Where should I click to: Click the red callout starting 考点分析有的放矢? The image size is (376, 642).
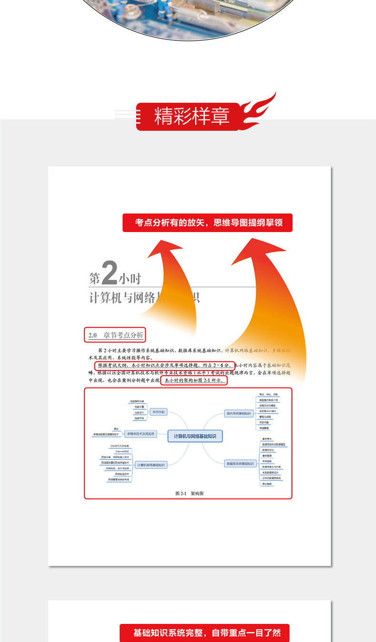(x=207, y=223)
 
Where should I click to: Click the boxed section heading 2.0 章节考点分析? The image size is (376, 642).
(x=115, y=335)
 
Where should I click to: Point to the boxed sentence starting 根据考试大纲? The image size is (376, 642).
(x=164, y=365)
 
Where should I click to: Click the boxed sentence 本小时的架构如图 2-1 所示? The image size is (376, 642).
(x=194, y=380)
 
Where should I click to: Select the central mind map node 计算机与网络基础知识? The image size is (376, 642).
(x=195, y=436)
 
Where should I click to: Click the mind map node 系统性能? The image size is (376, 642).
(x=158, y=412)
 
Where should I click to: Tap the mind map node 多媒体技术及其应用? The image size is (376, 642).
(x=141, y=434)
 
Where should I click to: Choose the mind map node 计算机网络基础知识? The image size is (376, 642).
(x=151, y=465)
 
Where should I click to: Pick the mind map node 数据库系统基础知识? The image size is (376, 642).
(x=240, y=463)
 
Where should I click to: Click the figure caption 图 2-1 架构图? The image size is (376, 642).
(x=189, y=494)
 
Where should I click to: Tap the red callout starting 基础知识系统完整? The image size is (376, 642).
(x=207, y=633)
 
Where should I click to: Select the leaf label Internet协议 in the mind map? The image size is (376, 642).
(x=122, y=451)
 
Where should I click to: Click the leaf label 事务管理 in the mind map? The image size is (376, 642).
(x=267, y=456)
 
